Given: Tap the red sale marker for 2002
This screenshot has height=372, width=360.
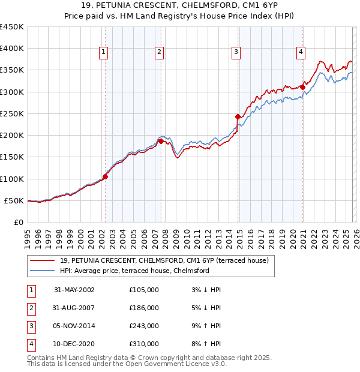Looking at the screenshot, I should (105, 176).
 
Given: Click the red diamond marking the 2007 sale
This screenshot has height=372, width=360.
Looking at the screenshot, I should (161, 142).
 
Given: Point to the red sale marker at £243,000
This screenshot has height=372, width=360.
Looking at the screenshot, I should (238, 116).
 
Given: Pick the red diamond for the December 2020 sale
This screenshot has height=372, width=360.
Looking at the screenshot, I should (303, 87).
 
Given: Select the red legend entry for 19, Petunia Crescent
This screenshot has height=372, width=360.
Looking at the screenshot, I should (167, 260).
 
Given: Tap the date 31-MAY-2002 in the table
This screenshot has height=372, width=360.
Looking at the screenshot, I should (74, 290).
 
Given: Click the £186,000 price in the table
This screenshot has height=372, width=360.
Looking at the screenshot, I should (144, 308).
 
